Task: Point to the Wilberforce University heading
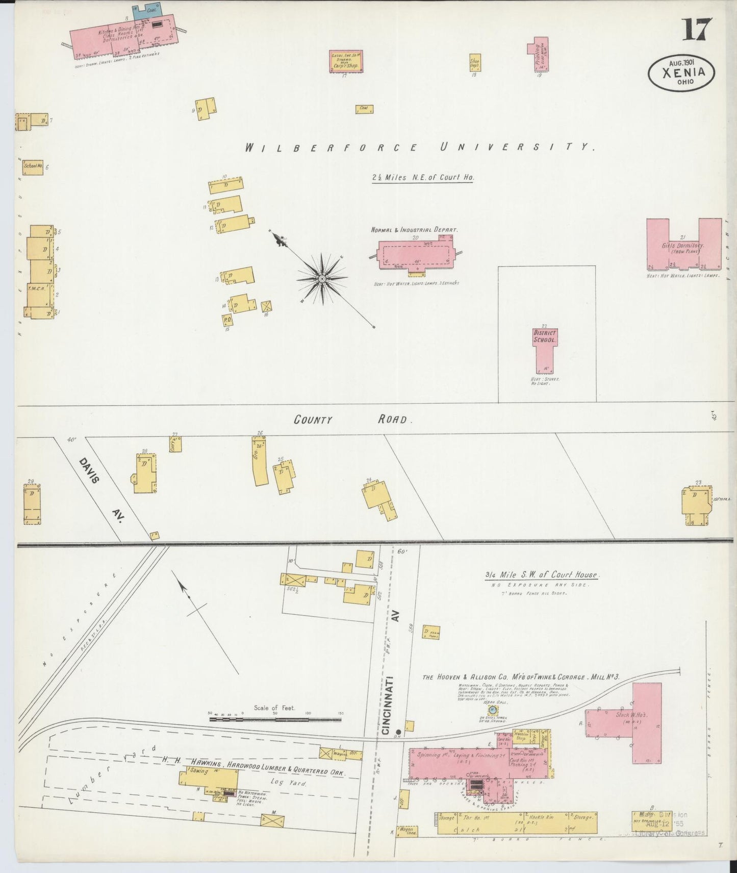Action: [420, 148]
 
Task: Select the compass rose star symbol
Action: [322, 279]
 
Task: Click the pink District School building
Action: [545, 349]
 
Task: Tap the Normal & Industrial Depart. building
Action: [416, 253]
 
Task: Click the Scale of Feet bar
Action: [275, 720]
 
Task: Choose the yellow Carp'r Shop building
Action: [345, 61]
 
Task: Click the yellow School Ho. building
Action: [33, 167]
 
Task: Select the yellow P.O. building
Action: [227, 320]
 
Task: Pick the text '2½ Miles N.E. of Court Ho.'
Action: [423, 178]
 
